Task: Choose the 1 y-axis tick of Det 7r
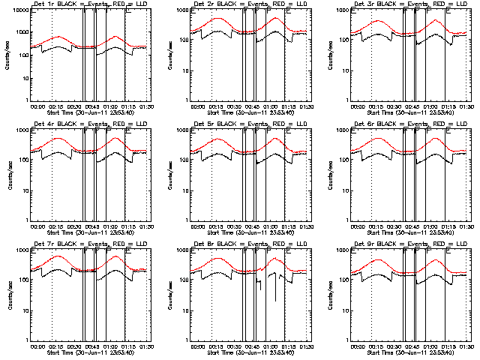(x=27, y=339)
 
